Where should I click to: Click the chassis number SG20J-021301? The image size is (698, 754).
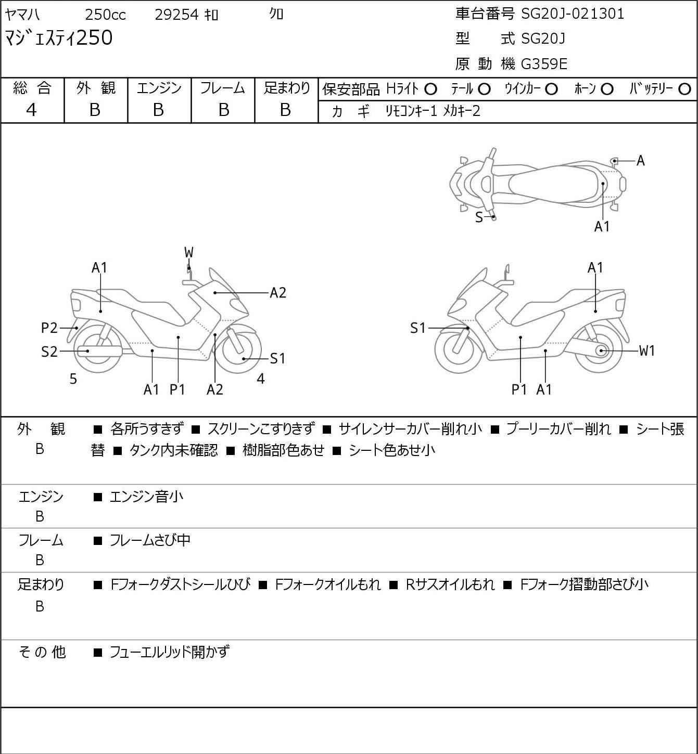coord(573,14)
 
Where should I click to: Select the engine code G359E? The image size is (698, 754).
coord(544,64)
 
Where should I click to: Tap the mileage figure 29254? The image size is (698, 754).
coord(177,15)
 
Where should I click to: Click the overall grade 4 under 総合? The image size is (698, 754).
coord(32,110)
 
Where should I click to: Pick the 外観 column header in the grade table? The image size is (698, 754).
coord(96,88)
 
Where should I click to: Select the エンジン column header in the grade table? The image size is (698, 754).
coord(159,88)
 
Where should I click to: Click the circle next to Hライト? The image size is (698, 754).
coord(430,89)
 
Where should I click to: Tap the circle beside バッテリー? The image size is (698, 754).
coord(685,89)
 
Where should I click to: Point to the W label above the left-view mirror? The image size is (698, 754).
coord(188,253)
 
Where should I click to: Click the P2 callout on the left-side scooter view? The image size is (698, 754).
coord(49,328)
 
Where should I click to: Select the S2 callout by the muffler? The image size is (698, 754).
coord(49,352)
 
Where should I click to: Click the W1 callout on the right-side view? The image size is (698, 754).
coord(647,351)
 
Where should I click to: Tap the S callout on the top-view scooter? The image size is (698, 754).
coord(479,217)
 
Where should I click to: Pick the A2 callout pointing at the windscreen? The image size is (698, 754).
coord(278,293)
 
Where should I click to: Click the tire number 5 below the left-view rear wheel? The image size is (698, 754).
coord(73,380)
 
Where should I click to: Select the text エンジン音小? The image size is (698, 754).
coord(146,497)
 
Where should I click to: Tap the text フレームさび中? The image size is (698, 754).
coord(150,541)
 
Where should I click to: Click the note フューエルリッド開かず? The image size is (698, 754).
coord(169,652)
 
